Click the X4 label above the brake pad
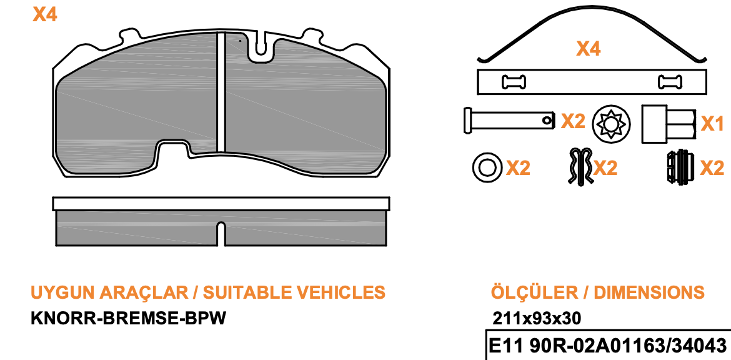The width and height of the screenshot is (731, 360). click(x=45, y=15)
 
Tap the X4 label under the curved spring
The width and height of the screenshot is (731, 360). click(x=589, y=49)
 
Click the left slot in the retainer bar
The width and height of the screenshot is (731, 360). click(x=514, y=82)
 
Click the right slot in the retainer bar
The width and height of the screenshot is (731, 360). click(x=670, y=82)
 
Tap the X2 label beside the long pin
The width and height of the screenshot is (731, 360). click(x=572, y=121)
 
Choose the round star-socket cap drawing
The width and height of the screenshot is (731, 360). click(x=610, y=124)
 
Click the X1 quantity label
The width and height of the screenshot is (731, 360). click(x=713, y=124)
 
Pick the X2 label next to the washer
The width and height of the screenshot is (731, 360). click(x=519, y=168)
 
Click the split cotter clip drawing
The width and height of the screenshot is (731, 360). click(x=580, y=166)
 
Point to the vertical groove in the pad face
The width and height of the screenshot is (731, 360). click(x=221, y=92)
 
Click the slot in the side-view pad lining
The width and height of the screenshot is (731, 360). click(x=221, y=234)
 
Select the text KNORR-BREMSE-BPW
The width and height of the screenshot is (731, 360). click(x=128, y=319)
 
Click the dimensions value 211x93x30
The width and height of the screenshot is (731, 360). click(x=537, y=319)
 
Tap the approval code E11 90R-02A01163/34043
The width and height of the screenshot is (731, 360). click(x=607, y=346)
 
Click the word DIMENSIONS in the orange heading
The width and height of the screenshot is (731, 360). click(x=649, y=292)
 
